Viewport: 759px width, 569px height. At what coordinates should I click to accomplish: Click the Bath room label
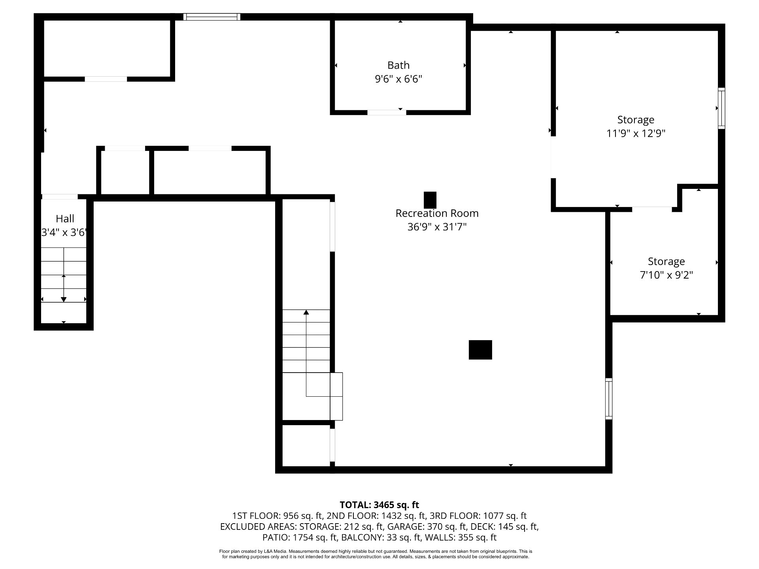[398, 65]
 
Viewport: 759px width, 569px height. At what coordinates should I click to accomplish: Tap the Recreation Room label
[437, 213]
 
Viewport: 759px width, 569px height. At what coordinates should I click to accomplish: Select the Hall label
[65, 219]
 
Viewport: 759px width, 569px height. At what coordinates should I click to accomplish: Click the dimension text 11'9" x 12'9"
[636, 133]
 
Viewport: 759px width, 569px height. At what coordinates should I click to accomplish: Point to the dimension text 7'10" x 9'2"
[666, 275]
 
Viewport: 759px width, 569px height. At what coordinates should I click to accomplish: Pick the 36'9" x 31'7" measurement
[437, 227]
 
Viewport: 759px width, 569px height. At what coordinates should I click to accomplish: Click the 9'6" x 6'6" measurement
[398, 79]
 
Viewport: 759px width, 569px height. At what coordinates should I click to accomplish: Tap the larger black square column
[480, 350]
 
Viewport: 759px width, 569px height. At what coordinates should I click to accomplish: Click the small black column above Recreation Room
[430, 200]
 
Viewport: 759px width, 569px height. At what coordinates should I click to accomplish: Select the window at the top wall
[212, 17]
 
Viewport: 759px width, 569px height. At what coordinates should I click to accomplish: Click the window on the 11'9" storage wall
[721, 108]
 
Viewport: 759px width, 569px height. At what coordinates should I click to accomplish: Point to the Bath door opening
[387, 113]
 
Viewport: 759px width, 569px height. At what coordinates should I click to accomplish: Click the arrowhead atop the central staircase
[306, 313]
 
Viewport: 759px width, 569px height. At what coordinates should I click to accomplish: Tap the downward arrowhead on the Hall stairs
[64, 300]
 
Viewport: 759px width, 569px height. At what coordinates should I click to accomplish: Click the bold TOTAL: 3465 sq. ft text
[379, 505]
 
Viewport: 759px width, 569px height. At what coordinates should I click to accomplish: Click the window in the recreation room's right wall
[609, 399]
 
